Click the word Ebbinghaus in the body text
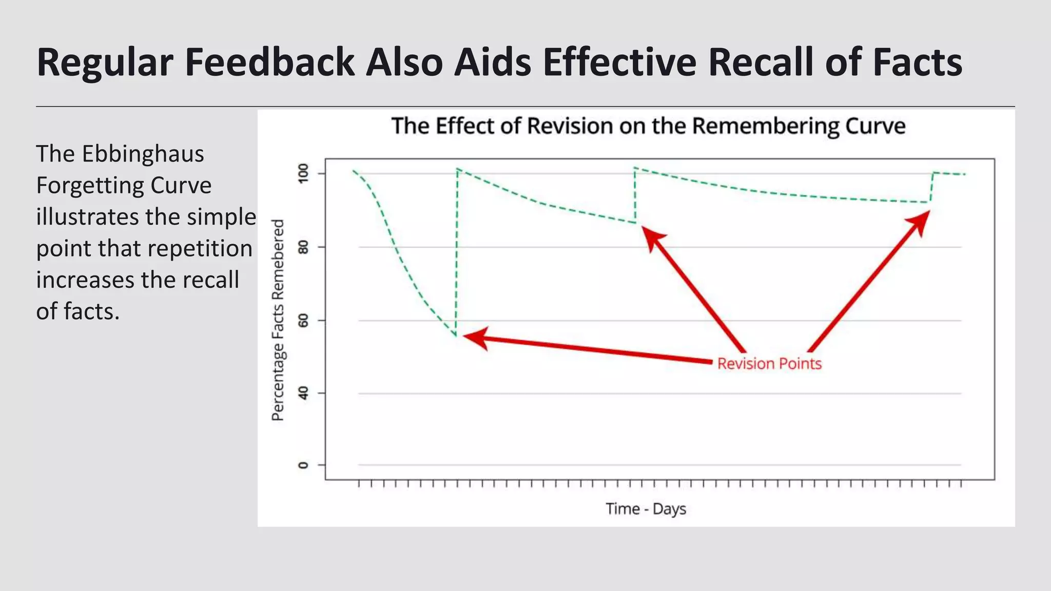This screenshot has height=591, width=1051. [x=143, y=154]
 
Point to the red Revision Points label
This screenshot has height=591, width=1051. [x=769, y=364]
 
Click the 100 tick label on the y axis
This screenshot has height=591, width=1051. [x=303, y=173]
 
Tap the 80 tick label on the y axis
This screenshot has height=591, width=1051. [x=303, y=248]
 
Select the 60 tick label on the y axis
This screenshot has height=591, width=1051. [x=303, y=321]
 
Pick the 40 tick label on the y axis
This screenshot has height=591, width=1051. [x=303, y=393]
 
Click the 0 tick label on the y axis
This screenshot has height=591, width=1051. [x=303, y=465]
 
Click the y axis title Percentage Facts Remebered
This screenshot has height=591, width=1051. [x=278, y=320]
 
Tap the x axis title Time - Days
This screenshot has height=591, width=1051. [x=646, y=509]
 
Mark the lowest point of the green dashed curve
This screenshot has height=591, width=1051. [x=456, y=336]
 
